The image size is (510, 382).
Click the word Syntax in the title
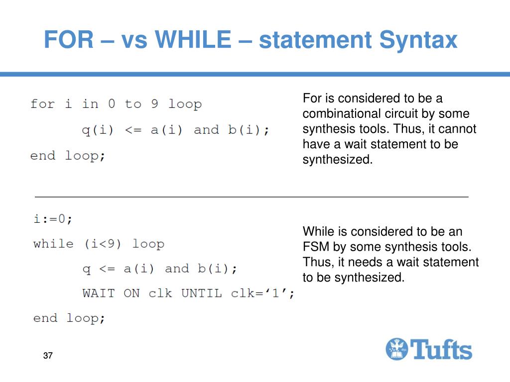[418, 40]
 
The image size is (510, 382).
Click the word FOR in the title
[68, 40]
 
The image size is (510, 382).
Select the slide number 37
[48, 356]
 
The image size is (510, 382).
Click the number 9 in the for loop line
[154, 104]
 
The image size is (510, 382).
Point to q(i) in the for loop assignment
[98, 130]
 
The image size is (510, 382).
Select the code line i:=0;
[53, 219]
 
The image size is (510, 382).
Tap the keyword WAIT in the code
[98, 293]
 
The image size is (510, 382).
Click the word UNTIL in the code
[201, 293]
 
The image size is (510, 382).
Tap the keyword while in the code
[53, 244]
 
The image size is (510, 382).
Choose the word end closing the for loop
[42, 156]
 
